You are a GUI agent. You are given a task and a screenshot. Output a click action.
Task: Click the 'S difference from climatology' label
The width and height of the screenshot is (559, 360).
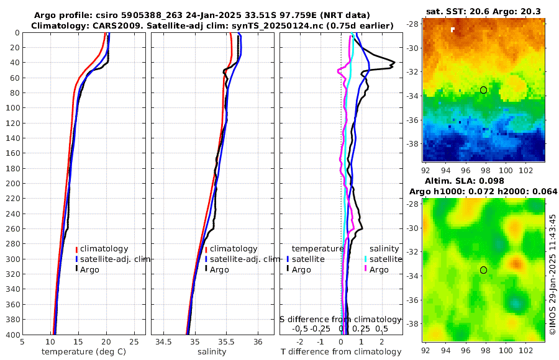tap(341, 318)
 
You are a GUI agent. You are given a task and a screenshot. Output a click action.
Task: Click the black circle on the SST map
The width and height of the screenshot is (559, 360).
tap(483, 90)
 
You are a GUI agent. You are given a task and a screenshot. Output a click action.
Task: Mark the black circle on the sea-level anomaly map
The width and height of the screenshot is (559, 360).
tap(483, 269)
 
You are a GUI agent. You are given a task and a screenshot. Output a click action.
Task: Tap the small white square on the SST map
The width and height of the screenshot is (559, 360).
tap(453, 29)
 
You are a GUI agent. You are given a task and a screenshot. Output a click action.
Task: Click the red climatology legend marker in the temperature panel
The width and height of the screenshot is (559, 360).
tap(77, 249)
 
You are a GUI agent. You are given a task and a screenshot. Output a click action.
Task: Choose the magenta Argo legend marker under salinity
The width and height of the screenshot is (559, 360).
tap(366, 269)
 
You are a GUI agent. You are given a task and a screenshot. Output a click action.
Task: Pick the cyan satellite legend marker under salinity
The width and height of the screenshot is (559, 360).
tap(366, 259)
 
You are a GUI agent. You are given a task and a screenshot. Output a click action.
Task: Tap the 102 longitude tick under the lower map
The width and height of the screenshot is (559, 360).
tap(523, 349)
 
